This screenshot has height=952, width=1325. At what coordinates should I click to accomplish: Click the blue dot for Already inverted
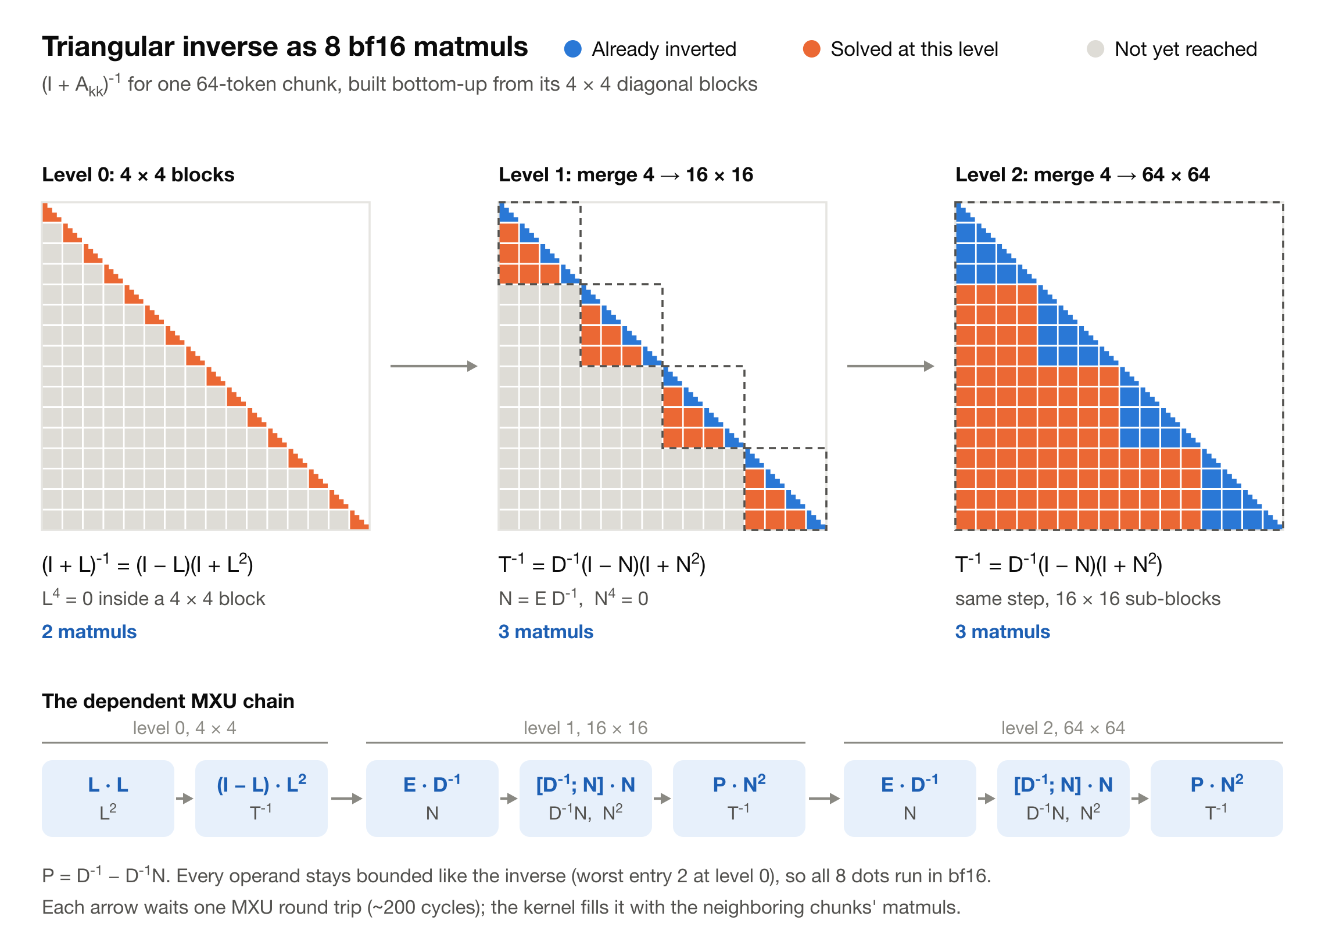[572, 49]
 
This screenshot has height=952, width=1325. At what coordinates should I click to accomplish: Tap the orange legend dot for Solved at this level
[811, 49]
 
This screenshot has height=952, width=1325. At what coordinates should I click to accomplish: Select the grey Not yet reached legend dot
[1095, 49]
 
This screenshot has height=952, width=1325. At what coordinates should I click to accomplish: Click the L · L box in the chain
[108, 799]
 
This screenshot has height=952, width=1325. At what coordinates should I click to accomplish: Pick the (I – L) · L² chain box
[261, 799]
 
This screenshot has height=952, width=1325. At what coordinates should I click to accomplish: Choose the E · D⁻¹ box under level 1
[432, 799]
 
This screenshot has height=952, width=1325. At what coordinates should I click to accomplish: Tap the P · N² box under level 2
[1217, 799]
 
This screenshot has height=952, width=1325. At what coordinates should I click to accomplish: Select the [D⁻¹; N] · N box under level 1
[585, 799]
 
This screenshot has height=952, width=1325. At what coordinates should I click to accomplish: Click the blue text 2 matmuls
[89, 632]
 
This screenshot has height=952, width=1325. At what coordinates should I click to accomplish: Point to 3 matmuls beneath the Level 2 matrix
[1002, 632]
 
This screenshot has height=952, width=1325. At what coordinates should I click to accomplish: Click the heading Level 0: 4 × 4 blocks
[138, 175]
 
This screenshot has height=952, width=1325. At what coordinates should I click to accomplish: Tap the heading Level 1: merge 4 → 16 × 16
[626, 175]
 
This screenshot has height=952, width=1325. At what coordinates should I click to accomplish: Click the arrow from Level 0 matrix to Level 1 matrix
[434, 366]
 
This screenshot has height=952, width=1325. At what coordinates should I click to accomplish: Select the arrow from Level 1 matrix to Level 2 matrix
[891, 366]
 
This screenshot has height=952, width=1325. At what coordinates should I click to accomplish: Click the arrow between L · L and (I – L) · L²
[185, 799]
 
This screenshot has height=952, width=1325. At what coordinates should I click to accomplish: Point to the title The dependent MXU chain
[169, 702]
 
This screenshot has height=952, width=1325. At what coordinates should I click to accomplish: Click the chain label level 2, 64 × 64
[1063, 728]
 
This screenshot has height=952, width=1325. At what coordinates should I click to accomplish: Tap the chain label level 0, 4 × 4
[185, 728]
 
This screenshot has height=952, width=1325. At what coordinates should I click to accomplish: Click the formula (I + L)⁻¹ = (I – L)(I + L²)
[147, 564]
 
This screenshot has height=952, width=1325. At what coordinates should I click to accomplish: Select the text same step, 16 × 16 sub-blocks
[1088, 599]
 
